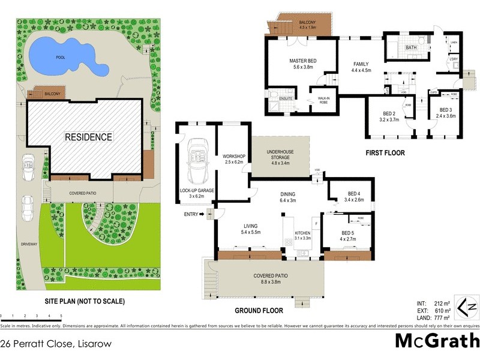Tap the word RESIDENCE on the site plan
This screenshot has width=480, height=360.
(89, 137)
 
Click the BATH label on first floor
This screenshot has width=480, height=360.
(411, 47)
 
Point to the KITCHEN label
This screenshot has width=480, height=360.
(302, 235)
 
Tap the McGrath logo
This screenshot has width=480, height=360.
(436, 341)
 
